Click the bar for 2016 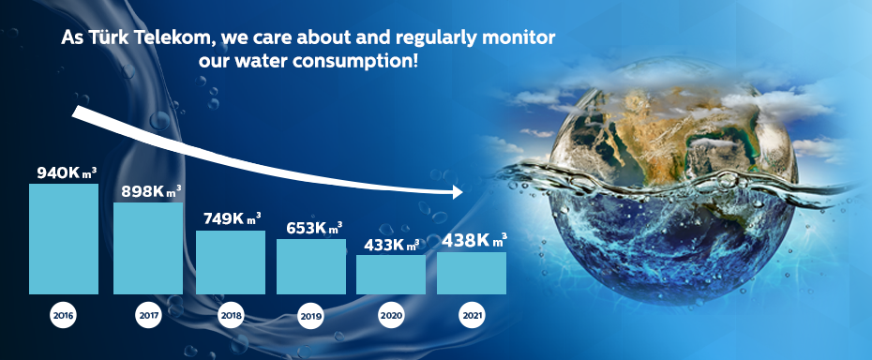(64, 239)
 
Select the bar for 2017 (148, 248)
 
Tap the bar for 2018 (231, 262)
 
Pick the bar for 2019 (311, 266)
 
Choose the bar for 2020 (391, 275)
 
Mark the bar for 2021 (472, 273)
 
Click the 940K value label (67, 173)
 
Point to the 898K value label (151, 191)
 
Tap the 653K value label (314, 228)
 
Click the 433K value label (392, 245)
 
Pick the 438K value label (474, 241)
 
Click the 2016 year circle (63, 316)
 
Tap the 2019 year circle (310, 317)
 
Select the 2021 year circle (472, 316)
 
